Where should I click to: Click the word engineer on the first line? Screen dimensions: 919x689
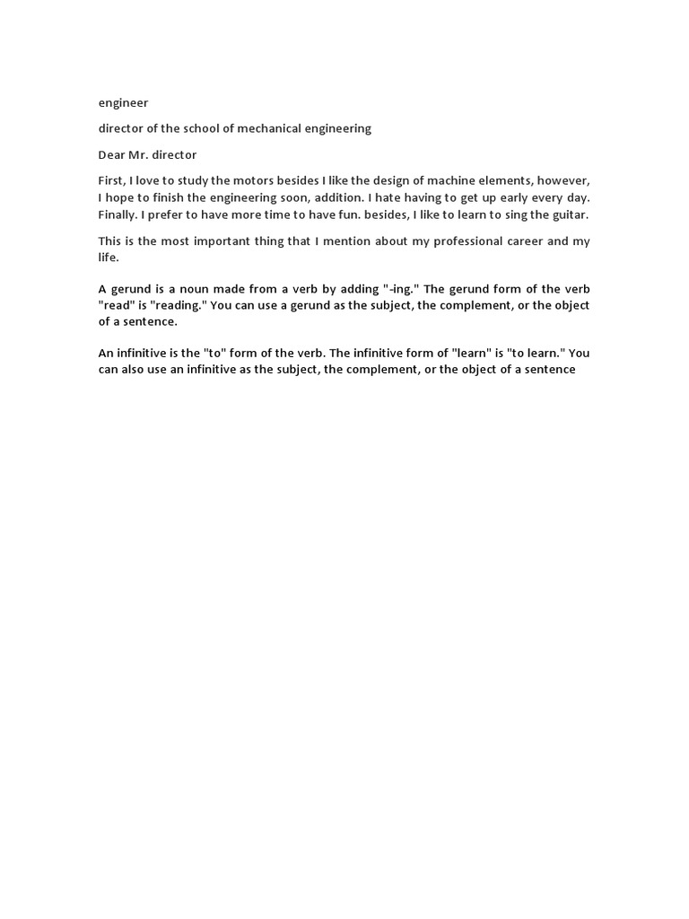point(123,103)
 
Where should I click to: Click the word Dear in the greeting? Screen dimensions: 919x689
point(112,155)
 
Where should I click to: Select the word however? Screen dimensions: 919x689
point(565,180)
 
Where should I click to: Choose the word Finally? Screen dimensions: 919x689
point(118,214)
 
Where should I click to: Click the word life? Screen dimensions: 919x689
point(108,257)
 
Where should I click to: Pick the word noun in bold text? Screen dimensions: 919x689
point(178,289)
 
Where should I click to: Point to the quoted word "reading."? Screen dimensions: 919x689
point(175,305)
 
